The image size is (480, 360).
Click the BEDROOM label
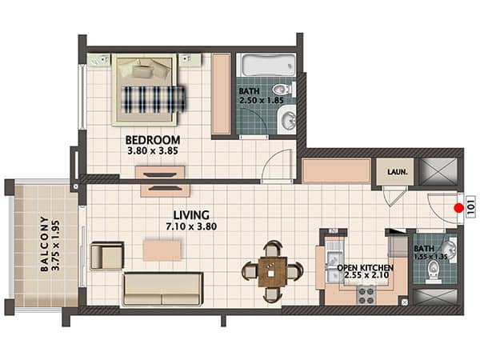(x=153, y=140)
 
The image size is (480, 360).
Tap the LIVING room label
(x=191, y=215)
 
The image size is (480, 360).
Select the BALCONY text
(x=45, y=244)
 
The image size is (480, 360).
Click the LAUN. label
(x=398, y=172)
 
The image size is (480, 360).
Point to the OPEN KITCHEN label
(x=366, y=268)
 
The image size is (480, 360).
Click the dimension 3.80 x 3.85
(x=153, y=150)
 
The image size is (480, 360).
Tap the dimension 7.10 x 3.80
(x=191, y=226)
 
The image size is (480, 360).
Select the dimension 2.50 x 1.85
(x=262, y=101)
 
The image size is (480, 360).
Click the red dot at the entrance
(x=458, y=208)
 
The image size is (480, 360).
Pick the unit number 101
(x=471, y=206)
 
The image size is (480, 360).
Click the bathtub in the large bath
(x=266, y=66)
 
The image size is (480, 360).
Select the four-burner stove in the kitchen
(x=366, y=294)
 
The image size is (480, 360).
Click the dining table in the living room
(x=273, y=271)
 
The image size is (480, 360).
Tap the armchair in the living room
(x=107, y=256)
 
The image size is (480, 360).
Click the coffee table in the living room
(x=162, y=250)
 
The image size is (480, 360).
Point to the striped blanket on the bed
(x=154, y=99)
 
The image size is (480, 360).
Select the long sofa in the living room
(x=162, y=290)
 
